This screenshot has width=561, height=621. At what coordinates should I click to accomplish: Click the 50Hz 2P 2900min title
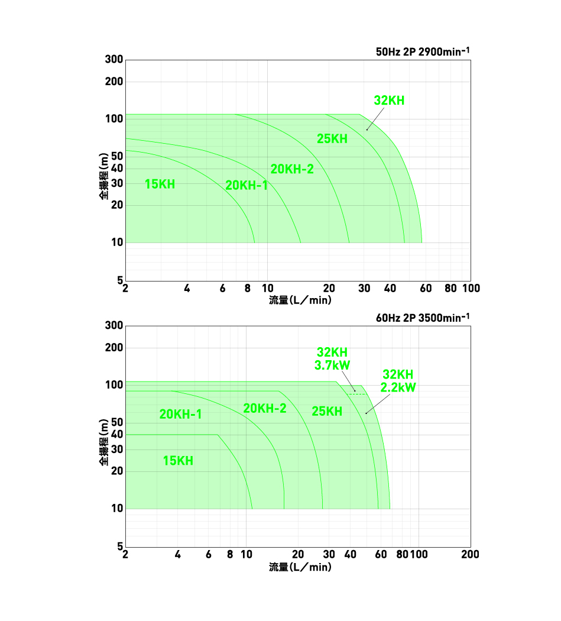coord(423,51)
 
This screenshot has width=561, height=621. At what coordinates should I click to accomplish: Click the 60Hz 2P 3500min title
coord(423,318)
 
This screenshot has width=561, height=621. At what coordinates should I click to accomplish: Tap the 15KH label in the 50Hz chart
coord(160,184)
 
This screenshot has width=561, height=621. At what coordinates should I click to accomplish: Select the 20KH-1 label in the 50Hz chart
coord(247,185)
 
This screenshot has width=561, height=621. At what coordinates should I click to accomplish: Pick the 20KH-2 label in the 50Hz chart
coord(292,169)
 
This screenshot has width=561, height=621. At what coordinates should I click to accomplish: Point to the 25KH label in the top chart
coord(332,139)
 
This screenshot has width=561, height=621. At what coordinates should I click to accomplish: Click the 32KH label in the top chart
coord(389,101)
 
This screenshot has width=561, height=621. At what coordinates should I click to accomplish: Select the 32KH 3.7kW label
coord(332,358)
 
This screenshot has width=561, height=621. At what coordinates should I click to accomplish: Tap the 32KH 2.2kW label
coord(398,381)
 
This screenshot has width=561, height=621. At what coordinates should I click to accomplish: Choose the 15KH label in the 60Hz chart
coord(178,461)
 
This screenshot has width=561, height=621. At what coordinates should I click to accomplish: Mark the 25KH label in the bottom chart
coord(327,411)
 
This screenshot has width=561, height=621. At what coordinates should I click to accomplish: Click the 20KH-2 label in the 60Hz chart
coord(265,408)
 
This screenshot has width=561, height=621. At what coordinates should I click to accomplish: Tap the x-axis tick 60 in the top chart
coord(425,288)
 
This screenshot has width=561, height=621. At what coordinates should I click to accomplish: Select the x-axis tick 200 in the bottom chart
coord(470,554)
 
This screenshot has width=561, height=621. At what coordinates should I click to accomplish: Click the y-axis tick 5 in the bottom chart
coord(120,546)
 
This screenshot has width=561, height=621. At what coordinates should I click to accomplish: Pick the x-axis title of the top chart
coord(300,300)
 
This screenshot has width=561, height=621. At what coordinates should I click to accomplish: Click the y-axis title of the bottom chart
coord(104,441)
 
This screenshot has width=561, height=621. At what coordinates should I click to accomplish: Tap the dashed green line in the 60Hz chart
coord(356,394)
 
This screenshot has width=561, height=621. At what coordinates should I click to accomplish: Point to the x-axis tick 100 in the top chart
coord(471,288)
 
